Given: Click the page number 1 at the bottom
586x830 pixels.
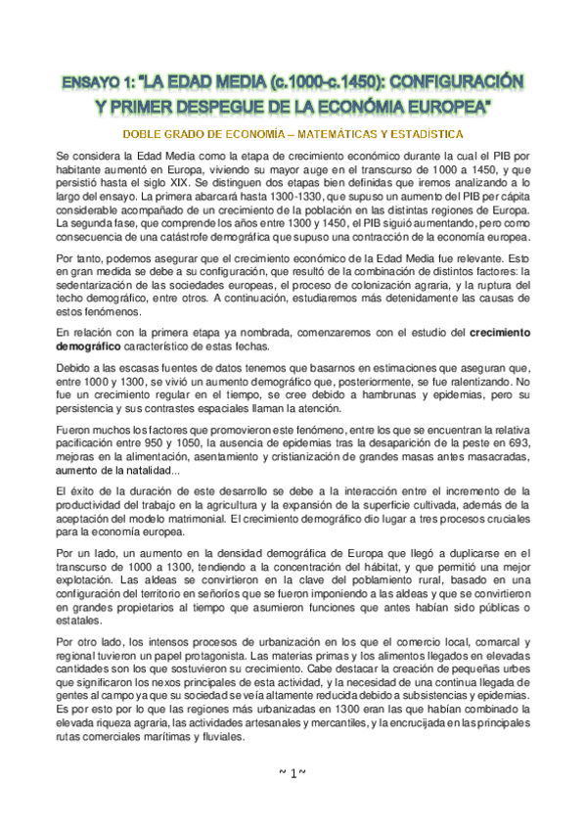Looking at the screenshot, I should tap(293, 773).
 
